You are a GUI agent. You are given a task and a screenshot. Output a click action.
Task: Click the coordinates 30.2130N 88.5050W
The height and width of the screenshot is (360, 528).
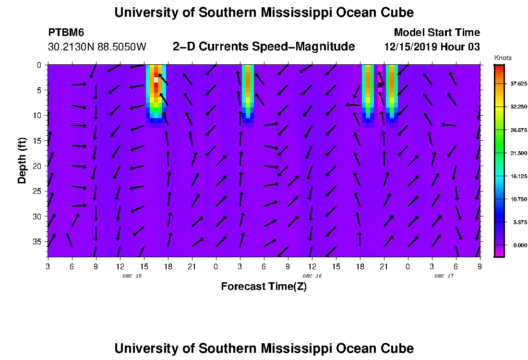pyautogui.click(x=97, y=47)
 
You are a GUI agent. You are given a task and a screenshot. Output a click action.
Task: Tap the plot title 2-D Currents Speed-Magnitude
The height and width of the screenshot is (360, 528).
pyautogui.click(x=264, y=47)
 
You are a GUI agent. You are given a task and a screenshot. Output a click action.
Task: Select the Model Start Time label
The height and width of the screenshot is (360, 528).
pyautogui.click(x=436, y=33)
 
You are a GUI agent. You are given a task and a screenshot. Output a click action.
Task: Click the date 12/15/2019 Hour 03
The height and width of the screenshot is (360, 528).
pyautogui.click(x=432, y=47)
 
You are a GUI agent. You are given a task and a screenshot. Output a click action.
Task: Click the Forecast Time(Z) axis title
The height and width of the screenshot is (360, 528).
pyautogui.click(x=264, y=287)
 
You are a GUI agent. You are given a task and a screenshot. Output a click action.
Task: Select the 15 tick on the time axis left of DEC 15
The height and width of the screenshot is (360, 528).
pyautogui.click(x=144, y=266)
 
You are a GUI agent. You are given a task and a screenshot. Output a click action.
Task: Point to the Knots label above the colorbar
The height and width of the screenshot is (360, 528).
pyautogui.click(x=503, y=58)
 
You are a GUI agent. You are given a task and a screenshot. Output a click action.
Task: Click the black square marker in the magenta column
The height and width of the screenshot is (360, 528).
pyautogui.click(x=380, y=85)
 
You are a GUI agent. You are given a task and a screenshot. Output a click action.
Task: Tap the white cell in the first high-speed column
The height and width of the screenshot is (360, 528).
pyautogui.click(x=156, y=80)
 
